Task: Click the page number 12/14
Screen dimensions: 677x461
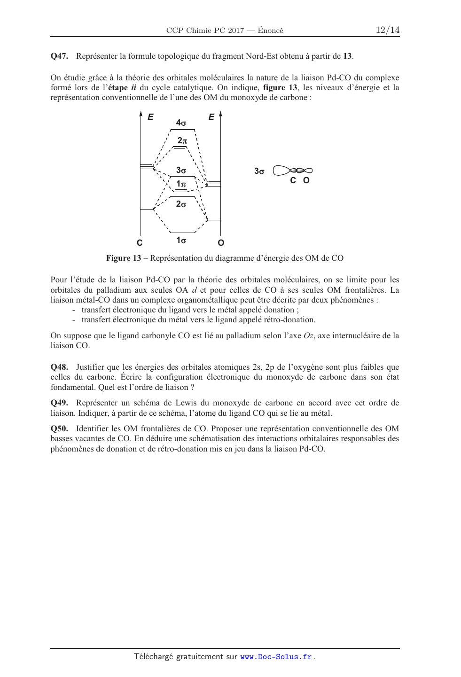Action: click(x=387, y=30)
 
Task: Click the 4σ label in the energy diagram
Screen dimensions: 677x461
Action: click(x=181, y=123)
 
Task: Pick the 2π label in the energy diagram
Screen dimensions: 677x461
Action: click(x=182, y=140)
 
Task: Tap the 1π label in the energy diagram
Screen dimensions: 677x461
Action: click(x=181, y=185)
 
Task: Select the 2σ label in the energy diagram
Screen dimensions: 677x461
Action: click(x=181, y=204)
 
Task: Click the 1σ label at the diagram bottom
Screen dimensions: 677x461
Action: click(x=181, y=241)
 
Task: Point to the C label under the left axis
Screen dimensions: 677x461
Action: click(x=140, y=243)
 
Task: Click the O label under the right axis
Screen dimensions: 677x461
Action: click(x=221, y=243)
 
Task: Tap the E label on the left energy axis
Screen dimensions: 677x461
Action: click(x=150, y=117)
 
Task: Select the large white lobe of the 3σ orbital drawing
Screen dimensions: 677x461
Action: click(x=281, y=171)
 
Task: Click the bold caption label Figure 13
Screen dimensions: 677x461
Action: click(x=123, y=258)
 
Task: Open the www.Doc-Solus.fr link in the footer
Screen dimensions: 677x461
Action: click(x=276, y=657)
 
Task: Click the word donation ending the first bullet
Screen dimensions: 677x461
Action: click(x=281, y=310)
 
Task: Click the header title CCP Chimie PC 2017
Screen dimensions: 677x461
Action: click(x=205, y=31)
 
